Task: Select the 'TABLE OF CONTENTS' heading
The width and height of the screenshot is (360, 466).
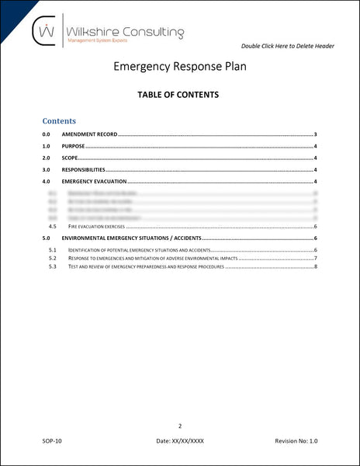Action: [179, 96]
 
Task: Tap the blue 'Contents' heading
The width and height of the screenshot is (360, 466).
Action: [59, 121]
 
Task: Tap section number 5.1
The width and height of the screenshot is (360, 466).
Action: [52, 250]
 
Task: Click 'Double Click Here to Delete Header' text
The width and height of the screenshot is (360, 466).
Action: [288, 46]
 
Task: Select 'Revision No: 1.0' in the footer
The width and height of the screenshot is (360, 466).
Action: [296, 441]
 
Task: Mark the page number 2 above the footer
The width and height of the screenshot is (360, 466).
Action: [180, 426]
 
